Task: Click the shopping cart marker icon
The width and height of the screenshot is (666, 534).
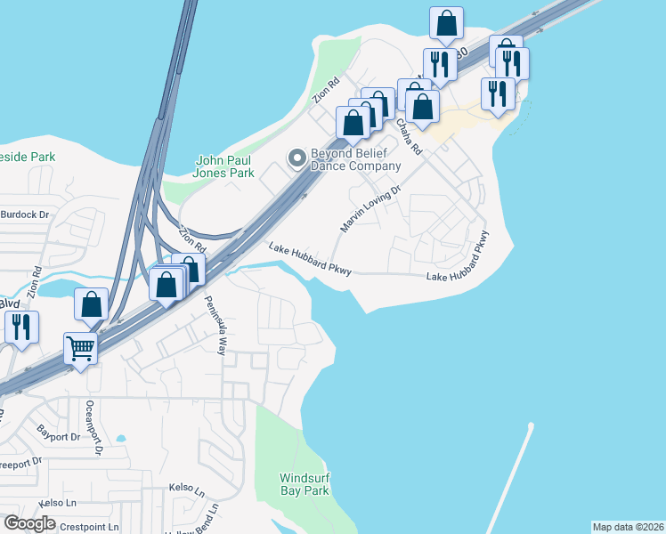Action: tap(80, 348)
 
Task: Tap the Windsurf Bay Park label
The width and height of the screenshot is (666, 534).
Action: tap(305, 484)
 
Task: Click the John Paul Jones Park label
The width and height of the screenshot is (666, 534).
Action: tap(225, 166)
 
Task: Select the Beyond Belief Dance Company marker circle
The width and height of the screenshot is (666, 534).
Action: tap(296, 158)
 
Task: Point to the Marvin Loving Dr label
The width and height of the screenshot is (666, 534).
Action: tap(370, 209)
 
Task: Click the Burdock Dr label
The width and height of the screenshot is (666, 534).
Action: tap(24, 214)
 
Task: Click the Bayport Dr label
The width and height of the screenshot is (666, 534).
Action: tap(59, 437)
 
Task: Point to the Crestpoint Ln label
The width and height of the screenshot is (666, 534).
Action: tap(88, 527)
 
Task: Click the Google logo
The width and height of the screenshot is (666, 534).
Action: tap(30, 523)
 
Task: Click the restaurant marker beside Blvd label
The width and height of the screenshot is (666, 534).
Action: tap(21, 327)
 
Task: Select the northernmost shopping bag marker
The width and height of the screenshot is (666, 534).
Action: tap(446, 23)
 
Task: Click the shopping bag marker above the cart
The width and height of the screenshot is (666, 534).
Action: tap(92, 304)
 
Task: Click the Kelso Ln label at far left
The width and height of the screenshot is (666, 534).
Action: tap(20, 503)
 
